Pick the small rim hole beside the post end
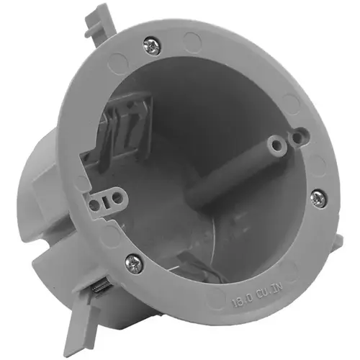coord(300,134)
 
